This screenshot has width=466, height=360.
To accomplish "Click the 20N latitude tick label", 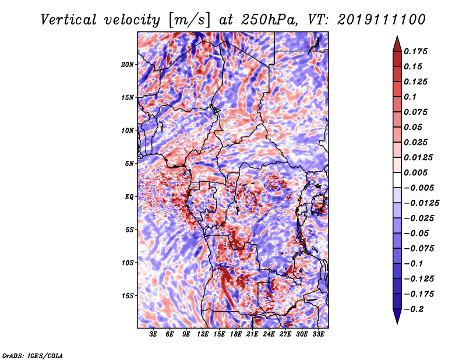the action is [127, 65].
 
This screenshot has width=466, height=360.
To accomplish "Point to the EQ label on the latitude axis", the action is [129, 197].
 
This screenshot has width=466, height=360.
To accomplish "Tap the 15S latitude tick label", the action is [127, 296].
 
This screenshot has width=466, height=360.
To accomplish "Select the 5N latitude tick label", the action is [129, 164].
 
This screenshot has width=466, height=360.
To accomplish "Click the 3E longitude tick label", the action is [153, 334].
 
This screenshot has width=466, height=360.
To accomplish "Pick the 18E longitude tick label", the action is [236, 334].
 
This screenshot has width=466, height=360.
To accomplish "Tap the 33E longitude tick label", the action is [318, 334].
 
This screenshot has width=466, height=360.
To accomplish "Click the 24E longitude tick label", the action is [269, 334].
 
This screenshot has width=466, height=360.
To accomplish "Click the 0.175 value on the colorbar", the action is [415, 51].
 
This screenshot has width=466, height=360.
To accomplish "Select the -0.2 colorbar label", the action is [414, 309].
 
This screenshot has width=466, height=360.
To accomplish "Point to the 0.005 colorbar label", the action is [415, 172].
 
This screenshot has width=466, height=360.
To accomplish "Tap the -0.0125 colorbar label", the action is [421, 203].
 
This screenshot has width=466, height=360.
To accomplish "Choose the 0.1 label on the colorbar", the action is [410, 97].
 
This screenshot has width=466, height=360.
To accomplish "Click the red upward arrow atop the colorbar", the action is [397, 44].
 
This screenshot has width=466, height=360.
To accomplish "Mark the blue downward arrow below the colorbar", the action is [397, 316].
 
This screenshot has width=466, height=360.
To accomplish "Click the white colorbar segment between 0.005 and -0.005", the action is [397, 180].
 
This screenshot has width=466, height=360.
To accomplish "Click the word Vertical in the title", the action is [69, 20].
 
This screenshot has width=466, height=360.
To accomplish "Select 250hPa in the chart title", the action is [269, 20].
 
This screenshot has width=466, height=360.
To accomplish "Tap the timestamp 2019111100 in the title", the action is [382, 20].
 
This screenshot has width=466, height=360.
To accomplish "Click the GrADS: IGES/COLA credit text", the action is [33, 356].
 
